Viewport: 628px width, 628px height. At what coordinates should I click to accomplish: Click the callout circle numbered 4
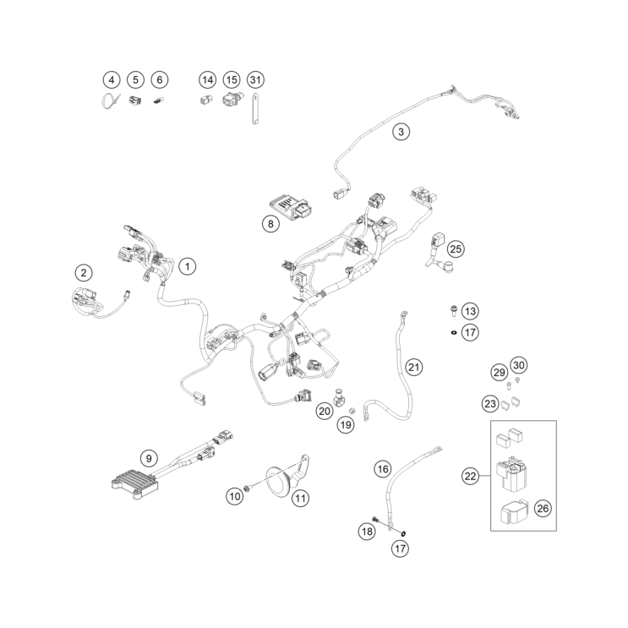(112, 79)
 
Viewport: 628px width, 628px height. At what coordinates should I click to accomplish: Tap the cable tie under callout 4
(109, 101)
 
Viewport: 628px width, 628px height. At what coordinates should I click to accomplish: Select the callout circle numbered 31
(255, 79)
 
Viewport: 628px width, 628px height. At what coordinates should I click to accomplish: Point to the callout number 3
(401, 131)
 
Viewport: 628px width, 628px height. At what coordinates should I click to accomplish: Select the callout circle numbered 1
(188, 266)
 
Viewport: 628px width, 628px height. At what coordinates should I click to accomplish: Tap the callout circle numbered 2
(84, 273)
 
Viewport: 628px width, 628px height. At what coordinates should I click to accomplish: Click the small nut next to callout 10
(248, 488)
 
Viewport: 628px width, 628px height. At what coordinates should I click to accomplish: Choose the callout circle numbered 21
(414, 368)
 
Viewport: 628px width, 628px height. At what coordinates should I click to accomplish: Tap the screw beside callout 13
(454, 310)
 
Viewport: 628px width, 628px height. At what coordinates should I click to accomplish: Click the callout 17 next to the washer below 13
(470, 332)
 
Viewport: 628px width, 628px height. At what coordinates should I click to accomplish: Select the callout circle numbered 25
(456, 249)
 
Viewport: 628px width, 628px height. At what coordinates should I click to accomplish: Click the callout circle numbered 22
(470, 476)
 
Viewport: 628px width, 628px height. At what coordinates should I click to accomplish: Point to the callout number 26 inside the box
(543, 509)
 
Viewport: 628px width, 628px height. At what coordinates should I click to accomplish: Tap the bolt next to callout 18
(376, 520)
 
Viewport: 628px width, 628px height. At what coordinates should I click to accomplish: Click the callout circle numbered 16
(383, 469)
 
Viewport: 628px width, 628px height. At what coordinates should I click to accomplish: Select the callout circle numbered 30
(519, 365)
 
